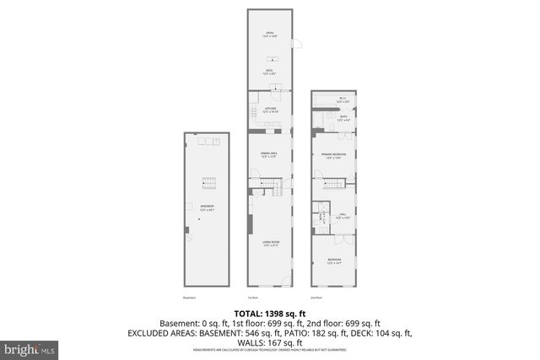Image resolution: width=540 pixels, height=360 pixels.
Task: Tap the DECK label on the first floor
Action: point(270,73)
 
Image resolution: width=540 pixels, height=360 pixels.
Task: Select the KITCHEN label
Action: point(270,110)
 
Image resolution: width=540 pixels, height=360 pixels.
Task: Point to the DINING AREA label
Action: point(270,154)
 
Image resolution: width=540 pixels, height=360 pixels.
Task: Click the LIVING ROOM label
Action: point(270,244)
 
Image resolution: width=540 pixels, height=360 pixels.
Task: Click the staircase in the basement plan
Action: point(208,185)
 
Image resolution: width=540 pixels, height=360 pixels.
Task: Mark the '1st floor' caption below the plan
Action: point(252,298)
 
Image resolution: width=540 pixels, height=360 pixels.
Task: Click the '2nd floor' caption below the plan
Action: point(316,298)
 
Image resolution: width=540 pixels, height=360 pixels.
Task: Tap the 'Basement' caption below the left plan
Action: point(189,298)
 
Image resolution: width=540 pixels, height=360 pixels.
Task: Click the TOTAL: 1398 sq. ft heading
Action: point(270,313)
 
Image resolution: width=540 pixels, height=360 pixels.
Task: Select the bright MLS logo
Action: point(30,347)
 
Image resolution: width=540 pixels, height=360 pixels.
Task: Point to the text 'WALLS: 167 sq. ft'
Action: point(270,342)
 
